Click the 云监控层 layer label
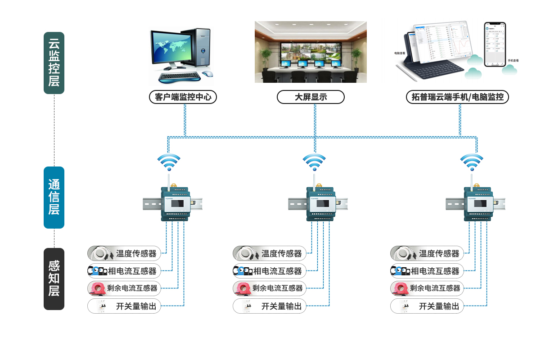click(54, 63)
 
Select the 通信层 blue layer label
click(54, 197)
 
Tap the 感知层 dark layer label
click(54, 279)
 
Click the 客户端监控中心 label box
click(183, 97)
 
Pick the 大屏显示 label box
click(311, 97)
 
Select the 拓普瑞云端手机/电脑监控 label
click(457, 97)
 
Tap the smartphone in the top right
click(495, 44)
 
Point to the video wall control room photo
click(311, 52)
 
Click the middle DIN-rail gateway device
click(320, 204)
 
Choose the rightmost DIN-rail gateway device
click(478, 204)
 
